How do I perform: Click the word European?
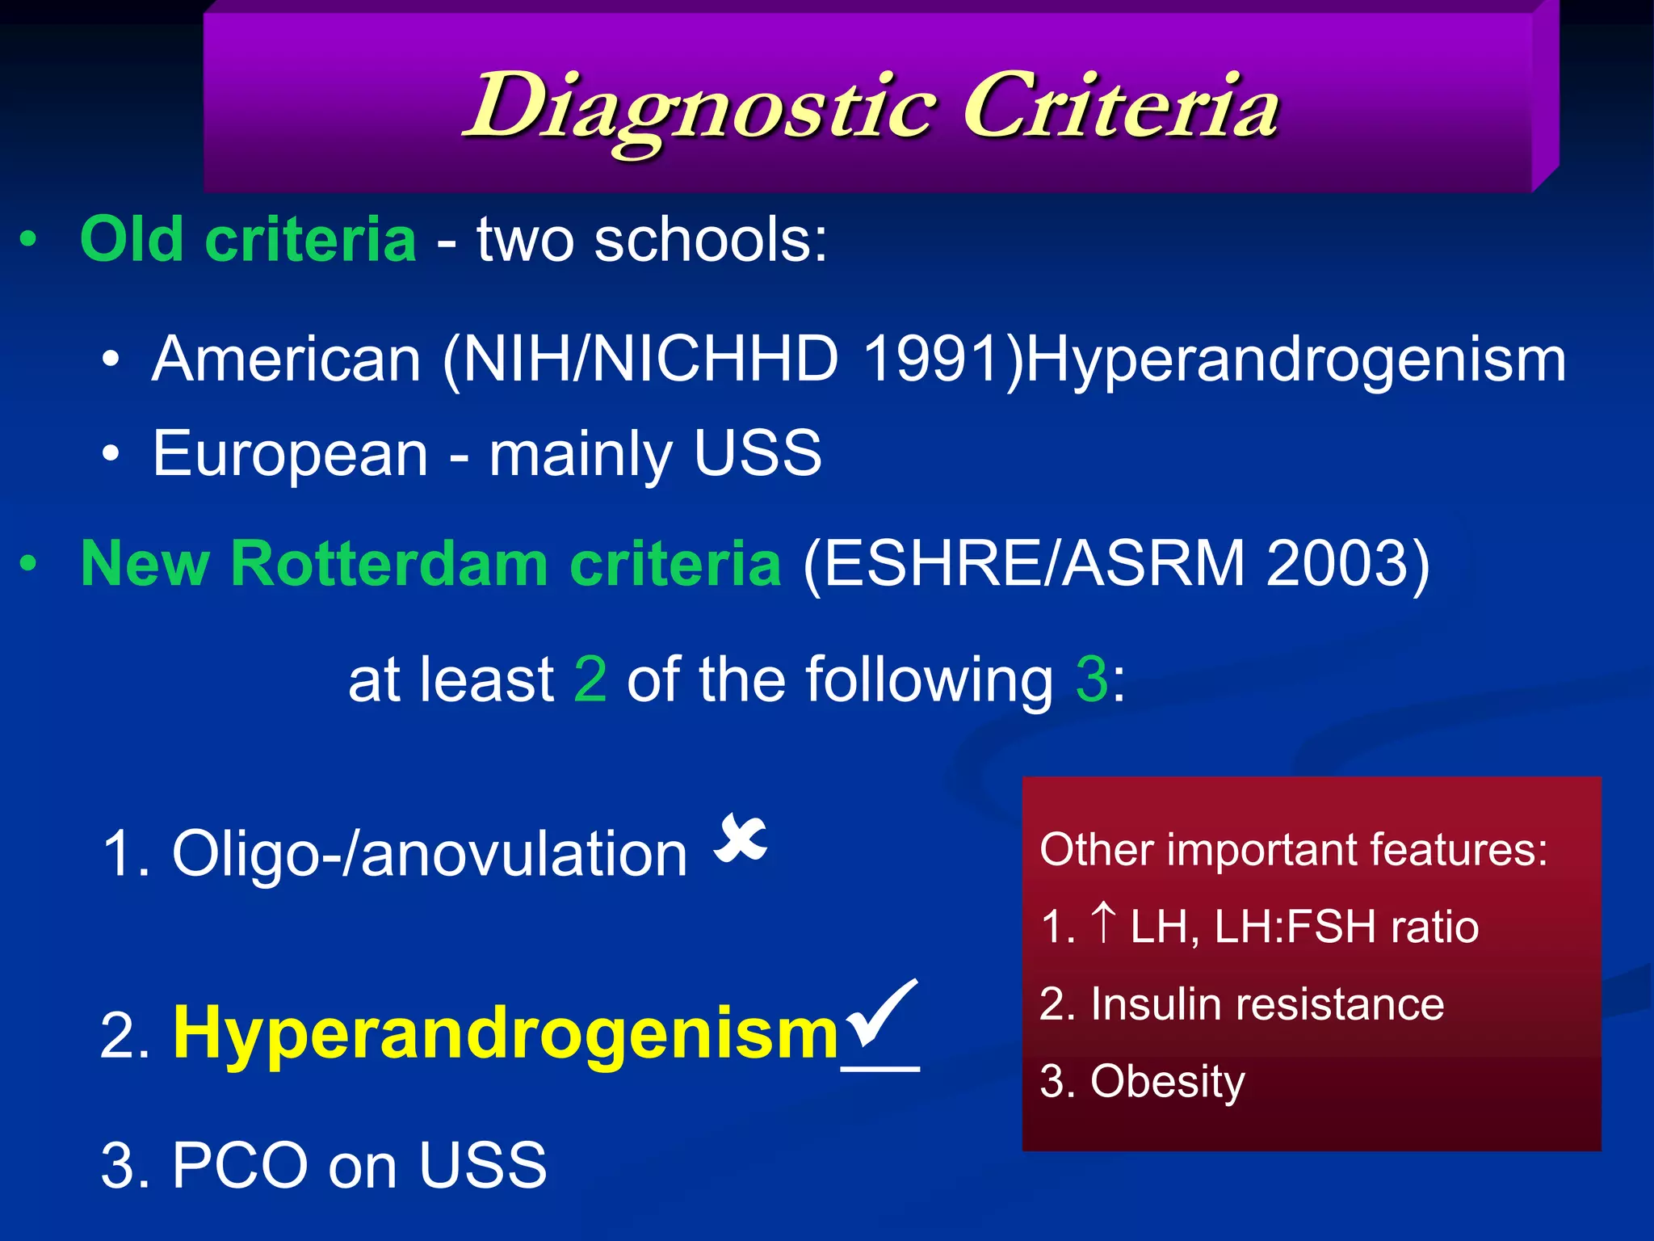pyautogui.click(x=290, y=454)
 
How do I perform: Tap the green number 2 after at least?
pyautogui.click(x=590, y=679)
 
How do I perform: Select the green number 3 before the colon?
pyautogui.click(x=1092, y=679)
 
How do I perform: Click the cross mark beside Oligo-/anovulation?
pyautogui.click(x=741, y=839)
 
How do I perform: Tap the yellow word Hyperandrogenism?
pyautogui.click(x=506, y=1035)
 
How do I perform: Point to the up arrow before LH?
pyautogui.click(x=1103, y=923)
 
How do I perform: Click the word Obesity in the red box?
pyautogui.click(x=1167, y=1082)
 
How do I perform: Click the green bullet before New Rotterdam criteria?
pyautogui.click(x=28, y=563)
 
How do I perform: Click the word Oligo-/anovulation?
pyautogui.click(x=429, y=854)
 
